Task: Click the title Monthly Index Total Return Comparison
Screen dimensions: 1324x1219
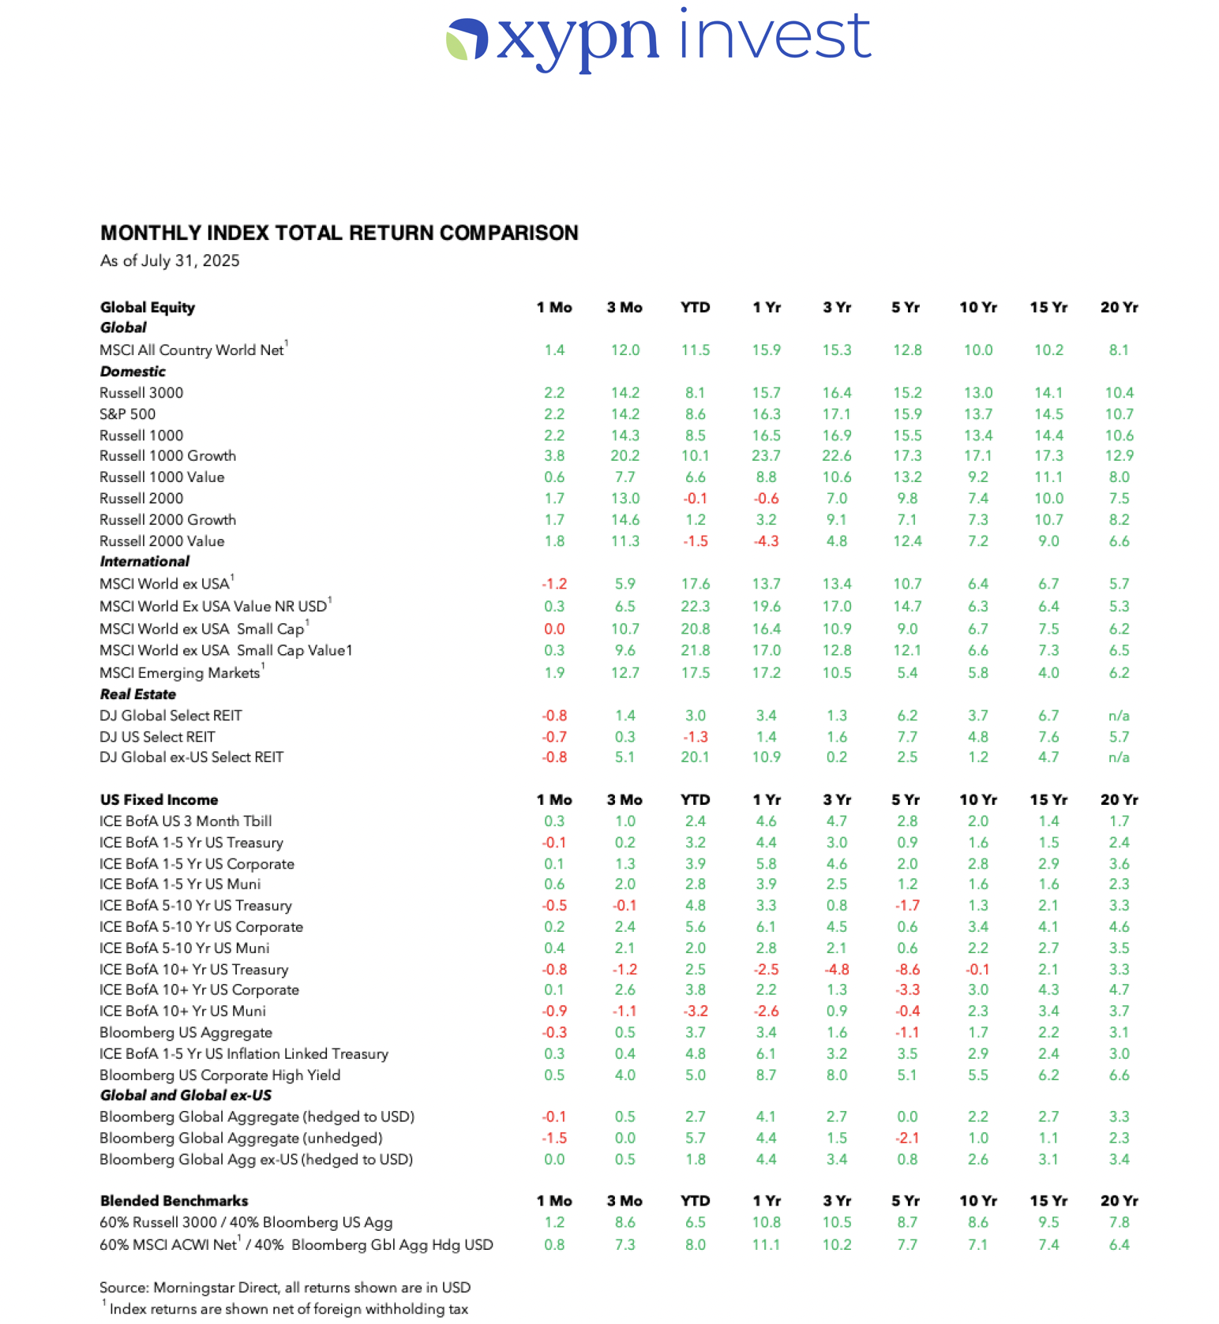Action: tap(339, 233)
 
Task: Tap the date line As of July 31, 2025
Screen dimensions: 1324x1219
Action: tap(170, 261)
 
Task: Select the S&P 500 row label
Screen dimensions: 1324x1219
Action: tap(128, 414)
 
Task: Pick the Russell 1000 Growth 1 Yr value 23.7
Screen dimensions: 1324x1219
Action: tap(766, 456)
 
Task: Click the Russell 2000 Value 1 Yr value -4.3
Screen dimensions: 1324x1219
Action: tap(766, 541)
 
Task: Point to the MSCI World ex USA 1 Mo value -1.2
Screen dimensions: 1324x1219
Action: tap(554, 584)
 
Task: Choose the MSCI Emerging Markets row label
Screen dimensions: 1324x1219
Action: tap(180, 673)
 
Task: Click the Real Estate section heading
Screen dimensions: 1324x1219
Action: tap(138, 694)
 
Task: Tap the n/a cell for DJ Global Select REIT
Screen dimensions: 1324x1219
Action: tap(1119, 716)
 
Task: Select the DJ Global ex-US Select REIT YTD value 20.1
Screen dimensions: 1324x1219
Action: tap(695, 757)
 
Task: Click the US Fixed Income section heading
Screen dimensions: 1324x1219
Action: tap(159, 799)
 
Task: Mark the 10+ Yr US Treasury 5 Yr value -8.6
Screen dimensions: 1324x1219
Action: tap(907, 969)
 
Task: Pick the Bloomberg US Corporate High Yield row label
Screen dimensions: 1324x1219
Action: tap(220, 1075)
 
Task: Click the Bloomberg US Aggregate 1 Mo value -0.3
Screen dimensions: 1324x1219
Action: tap(554, 1032)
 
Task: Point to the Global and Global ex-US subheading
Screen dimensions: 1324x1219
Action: tap(186, 1095)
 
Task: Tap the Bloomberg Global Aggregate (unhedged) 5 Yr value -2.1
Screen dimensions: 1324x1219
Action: tap(907, 1138)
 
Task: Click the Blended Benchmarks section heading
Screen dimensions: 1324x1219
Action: tap(174, 1201)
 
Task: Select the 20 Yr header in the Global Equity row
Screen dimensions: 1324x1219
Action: tap(1119, 308)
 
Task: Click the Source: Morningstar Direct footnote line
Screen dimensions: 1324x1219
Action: tap(285, 1288)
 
